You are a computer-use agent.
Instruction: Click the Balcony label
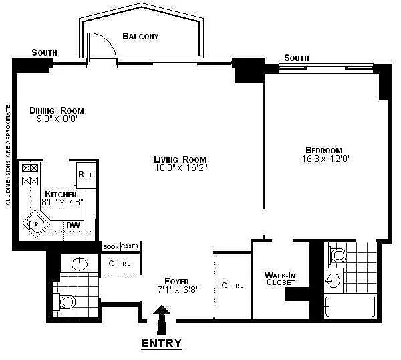[x=140, y=37]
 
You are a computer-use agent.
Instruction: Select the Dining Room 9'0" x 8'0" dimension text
[x=57, y=118]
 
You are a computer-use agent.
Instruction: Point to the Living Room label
[x=180, y=159]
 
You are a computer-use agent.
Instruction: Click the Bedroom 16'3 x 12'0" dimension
[x=326, y=159]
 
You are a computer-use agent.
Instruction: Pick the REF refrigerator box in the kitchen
[x=86, y=175]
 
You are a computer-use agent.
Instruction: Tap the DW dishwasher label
[x=73, y=226]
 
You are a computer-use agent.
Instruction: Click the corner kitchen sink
[x=36, y=223]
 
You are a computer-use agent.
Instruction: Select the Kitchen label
[x=61, y=194]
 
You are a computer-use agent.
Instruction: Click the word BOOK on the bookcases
[x=111, y=247]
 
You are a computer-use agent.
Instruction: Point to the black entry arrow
[x=162, y=320]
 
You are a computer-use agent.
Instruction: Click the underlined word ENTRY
[x=161, y=343]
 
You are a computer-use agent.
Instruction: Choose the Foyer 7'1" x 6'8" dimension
[x=178, y=290]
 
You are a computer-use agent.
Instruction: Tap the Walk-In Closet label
[x=280, y=278]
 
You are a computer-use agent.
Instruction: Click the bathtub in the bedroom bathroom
[x=350, y=306]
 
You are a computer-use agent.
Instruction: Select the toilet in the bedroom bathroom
[x=338, y=255]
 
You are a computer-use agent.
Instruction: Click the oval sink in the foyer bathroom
[x=80, y=264]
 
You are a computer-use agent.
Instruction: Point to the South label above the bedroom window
[x=297, y=58]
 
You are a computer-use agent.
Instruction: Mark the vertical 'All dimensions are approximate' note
[x=8, y=155]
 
